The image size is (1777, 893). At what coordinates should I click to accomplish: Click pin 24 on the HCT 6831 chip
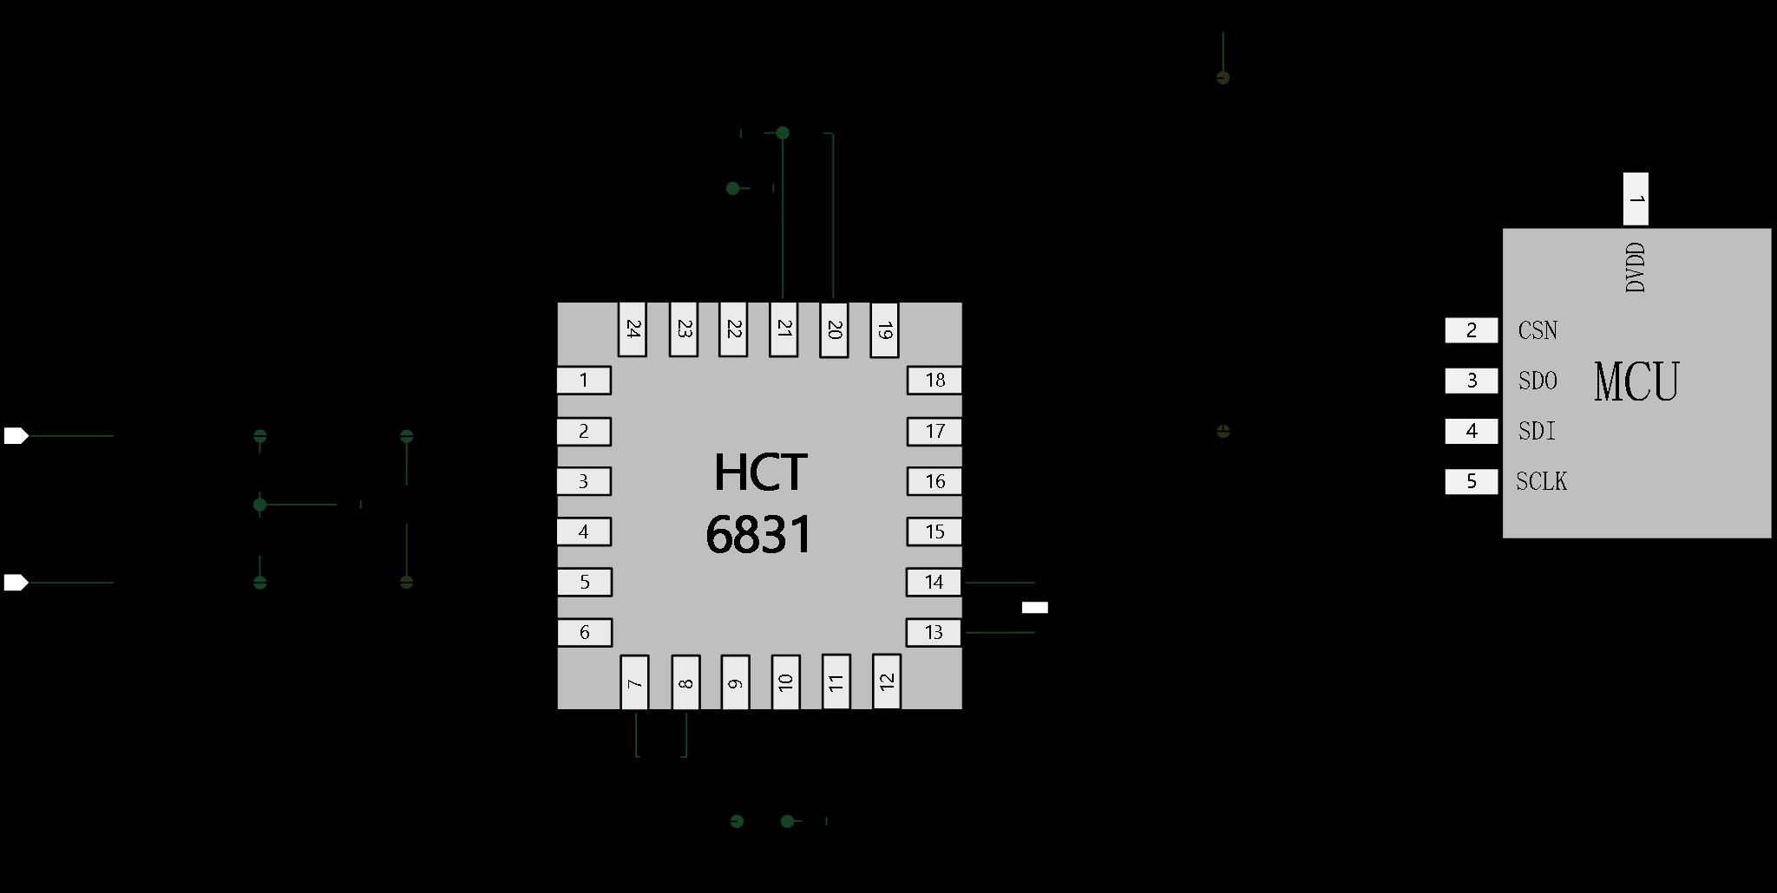(x=632, y=329)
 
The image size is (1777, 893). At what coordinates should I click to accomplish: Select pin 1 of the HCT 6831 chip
(x=584, y=380)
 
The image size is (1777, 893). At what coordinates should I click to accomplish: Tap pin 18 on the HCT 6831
(x=934, y=380)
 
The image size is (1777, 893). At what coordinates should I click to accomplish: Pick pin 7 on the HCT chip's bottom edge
(x=634, y=682)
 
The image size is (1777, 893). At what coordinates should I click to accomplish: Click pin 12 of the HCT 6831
(x=886, y=681)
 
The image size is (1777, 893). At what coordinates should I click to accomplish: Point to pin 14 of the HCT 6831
(x=934, y=582)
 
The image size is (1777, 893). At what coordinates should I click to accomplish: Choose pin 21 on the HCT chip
(x=784, y=329)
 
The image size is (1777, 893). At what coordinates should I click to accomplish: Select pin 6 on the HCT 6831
(x=584, y=632)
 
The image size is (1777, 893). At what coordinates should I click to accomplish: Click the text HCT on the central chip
(x=760, y=473)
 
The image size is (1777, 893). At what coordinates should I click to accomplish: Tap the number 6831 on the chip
(x=759, y=534)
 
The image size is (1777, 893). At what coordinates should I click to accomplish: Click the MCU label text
(x=1636, y=381)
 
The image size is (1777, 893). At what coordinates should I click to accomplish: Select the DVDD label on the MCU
(x=1636, y=267)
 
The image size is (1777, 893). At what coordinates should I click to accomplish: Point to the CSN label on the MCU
(x=1538, y=330)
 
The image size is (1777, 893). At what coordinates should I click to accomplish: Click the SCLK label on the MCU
(x=1542, y=481)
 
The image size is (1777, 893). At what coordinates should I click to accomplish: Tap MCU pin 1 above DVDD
(x=1636, y=199)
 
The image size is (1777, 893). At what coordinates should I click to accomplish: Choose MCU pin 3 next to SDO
(x=1472, y=381)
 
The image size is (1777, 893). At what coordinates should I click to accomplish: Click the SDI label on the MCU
(x=1537, y=431)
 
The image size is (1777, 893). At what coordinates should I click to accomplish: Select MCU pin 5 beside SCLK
(x=1472, y=481)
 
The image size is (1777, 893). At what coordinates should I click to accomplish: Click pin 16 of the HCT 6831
(x=934, y=481)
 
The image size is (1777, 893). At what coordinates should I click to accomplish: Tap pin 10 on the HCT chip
(x=785, y=682)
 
